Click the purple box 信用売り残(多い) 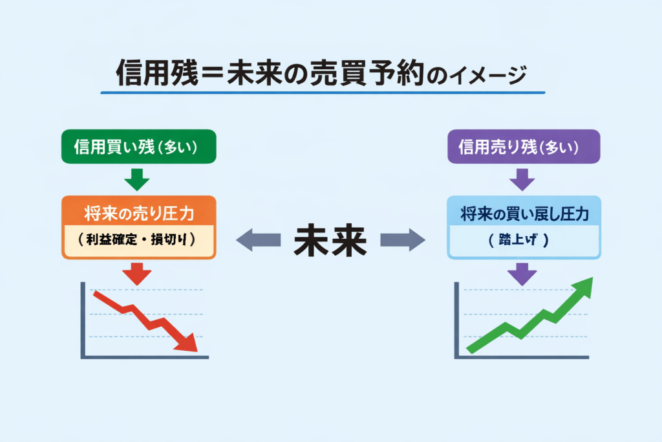pyautogui.click(x=524, y=147)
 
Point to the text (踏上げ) pyautogui.click(x=524, y=240)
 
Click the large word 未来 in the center pyautogui.click(x=330, y=241)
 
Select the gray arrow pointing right pyautogui.click(x=403, y=241)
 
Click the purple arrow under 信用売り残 pyautogui.click(x=522, y=179)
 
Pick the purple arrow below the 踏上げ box pyautogui.click(x=522, y=274)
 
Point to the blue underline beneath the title pyautogui.click(x=323, y=93)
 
